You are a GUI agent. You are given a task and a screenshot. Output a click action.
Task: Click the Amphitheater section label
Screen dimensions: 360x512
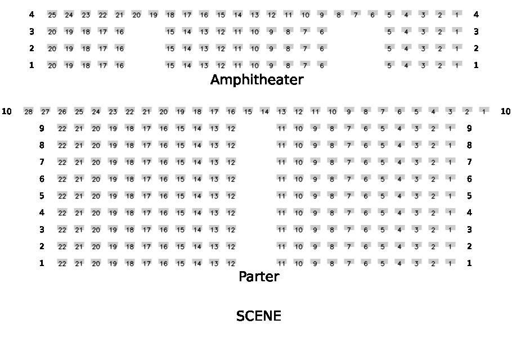click(x=257, y=80)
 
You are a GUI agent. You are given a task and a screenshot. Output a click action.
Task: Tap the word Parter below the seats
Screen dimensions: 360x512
click(x=259, y=277)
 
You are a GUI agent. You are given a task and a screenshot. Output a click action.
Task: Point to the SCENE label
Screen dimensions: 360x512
click(x=258, y=316)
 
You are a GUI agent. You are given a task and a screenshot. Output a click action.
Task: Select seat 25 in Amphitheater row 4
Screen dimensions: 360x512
click(x=52, y=15)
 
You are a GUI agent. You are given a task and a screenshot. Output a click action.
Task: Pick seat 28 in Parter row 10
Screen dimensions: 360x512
click(x=28, y=111)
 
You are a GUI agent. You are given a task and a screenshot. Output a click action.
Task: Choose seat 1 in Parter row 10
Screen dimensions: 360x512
click(x=484, y=111)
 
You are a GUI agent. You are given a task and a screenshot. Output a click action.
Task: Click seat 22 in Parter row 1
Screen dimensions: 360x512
click(x=62, y=263)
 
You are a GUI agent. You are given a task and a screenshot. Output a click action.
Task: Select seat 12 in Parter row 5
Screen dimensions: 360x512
click(x=231, y=196)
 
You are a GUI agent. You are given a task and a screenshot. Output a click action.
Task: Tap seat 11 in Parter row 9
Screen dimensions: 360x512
click(x=281, y=128)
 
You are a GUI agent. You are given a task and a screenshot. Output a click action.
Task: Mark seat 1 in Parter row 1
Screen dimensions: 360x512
click(x=450, y=263)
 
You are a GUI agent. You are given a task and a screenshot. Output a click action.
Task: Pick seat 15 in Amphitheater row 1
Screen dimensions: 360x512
click(x=170, y=65)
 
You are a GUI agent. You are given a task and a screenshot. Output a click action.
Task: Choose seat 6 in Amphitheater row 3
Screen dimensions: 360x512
click(x=322, y=31)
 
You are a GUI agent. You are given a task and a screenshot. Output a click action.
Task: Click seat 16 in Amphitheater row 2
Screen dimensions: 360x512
click(x=119, y=48)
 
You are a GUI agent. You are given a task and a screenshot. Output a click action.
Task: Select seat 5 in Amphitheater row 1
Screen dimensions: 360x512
click(x=389, y=65)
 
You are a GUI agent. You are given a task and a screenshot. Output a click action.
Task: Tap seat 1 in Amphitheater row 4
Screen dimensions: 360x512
click(x=457, y=15)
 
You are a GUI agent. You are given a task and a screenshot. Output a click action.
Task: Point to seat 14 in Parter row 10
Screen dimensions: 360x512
click(x=264, y=111)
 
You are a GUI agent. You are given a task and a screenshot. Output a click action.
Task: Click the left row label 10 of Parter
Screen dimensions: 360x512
click(x=7, y=111)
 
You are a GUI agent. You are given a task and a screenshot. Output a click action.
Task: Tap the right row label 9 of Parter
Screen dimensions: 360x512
click(x=469, y=128)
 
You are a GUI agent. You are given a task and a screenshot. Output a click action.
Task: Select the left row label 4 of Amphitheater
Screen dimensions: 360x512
click(x=32, y=15)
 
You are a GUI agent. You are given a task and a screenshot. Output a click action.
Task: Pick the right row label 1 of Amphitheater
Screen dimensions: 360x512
click(x=476, y=65)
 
